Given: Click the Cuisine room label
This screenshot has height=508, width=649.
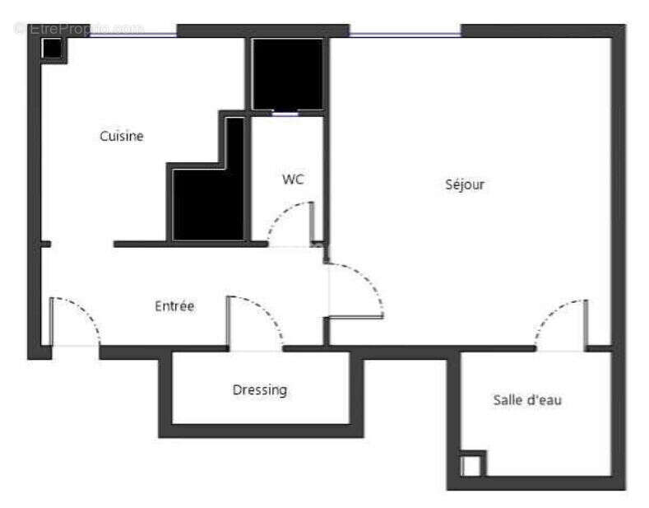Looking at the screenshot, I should (x=122, y=136).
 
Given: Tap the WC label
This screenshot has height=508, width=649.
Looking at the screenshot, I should (x=293, y=179).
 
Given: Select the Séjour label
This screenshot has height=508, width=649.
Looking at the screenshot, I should (x=465, y=184).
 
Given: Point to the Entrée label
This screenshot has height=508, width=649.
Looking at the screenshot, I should (x=174, y=306).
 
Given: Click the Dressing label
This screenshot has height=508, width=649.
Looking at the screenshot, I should (x=260, y=389).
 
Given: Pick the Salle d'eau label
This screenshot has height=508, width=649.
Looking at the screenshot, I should (x=527, y=400).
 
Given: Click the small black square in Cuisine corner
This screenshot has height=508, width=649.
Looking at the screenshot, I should (x=53, y=49).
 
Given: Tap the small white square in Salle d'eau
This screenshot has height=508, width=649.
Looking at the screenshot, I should (x=471, y=465).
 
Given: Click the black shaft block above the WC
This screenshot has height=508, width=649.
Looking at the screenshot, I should (x=287, y=73).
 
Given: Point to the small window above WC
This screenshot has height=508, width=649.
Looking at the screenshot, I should (x=285, y=114).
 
